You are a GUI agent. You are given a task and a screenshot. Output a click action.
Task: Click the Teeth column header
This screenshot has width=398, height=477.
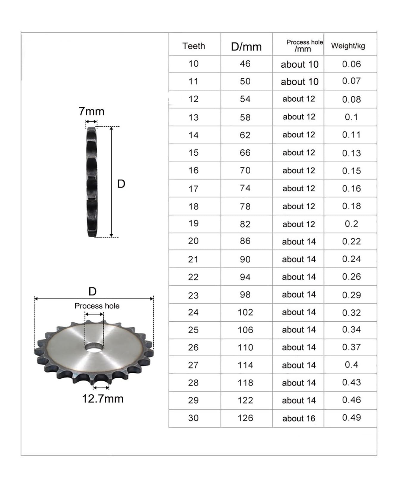[194, 46]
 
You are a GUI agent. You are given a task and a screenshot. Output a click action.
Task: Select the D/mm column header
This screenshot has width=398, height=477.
[246, 47]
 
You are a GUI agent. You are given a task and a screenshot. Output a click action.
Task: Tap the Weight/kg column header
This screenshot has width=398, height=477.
[348, 46]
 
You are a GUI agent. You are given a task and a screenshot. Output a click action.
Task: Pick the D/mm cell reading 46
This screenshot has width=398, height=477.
[245, 64]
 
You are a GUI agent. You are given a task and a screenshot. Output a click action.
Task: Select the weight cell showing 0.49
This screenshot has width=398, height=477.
[351, 417]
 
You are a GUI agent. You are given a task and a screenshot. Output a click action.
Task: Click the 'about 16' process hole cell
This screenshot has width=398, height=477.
[299, 418]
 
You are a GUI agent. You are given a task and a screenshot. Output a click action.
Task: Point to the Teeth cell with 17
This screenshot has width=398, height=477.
[193, 189]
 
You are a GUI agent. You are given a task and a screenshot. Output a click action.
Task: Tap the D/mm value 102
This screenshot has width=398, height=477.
[245, 312]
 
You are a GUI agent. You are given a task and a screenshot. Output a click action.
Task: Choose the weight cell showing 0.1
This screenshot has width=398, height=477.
[351, 117]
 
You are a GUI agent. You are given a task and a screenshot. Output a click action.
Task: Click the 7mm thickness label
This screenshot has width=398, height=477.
[91, 111]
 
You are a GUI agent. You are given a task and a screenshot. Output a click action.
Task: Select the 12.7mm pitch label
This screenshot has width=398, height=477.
[103, 399]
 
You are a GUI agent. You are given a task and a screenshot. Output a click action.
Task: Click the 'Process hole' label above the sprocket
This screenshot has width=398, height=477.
[97, 306]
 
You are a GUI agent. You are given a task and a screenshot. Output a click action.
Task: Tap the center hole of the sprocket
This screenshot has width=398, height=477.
[94, 347]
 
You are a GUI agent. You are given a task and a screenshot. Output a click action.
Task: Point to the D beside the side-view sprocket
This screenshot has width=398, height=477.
[121, 184]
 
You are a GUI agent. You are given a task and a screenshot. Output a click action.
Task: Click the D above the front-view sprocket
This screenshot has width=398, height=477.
[93, 291]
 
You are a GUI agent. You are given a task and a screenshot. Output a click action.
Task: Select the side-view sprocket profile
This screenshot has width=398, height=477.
[92, 182]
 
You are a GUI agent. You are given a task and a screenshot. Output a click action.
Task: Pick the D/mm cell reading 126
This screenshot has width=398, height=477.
[245, 418]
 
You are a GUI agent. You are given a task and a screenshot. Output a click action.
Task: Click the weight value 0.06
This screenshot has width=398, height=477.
[351, 64]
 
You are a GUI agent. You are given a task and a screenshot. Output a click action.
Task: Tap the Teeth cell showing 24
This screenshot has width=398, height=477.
[193, 312]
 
